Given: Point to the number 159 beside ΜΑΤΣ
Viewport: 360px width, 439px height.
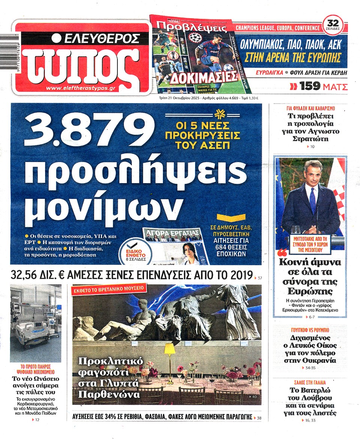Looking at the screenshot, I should (x=310, y=87).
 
